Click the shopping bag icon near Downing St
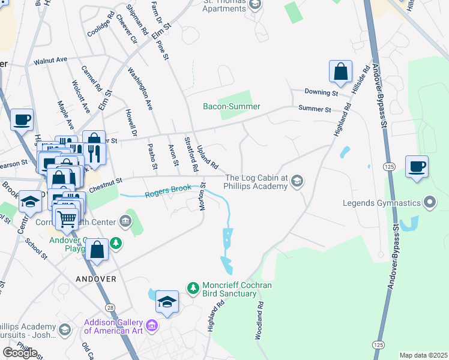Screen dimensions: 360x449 pyautogui.click(x=340, y=72)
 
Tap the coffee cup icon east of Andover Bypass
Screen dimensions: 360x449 pyautogui.click(x=417, y=167)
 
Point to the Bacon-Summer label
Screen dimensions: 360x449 pyautogui.click(x=231, y=107)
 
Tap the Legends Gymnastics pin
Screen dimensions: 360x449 pyautogui.click(x=429, y=203)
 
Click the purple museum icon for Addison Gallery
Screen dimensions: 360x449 pyautogui.click(x=152, y=326)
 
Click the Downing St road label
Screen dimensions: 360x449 pyautogui.click(x=321, y=92)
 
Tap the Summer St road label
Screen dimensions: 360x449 pyautogui.click(x=315, y=109)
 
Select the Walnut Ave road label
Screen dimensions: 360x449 pyautogui.click(x=50, y=61)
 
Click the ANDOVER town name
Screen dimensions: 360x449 pyautogui.click(x=95, y=280)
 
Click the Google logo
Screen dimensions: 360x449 pyautogui.click(x=20, y=352)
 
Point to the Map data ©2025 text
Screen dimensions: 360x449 pyautogui.click(x=423, y=355)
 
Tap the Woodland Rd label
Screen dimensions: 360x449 pyautogui.click(x=260, y=321)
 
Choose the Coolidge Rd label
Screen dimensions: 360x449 pyautogui.click(x=101, y=24)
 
